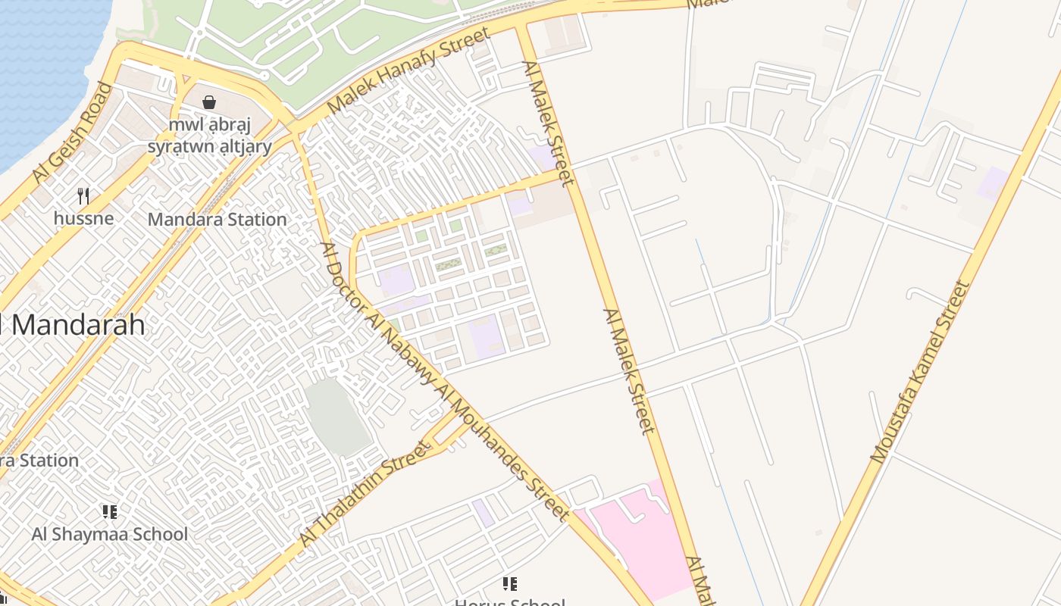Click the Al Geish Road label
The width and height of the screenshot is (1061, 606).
(72, 133)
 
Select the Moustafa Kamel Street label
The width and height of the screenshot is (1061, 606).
(920, 372)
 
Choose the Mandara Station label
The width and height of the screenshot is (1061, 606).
(218, 220)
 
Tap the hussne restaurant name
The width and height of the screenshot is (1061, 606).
(83, 218)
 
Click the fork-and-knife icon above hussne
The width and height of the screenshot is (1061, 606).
(83, 196)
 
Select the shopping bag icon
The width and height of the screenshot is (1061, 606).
(209, 102)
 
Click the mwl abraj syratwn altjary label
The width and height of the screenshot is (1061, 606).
(210, 136)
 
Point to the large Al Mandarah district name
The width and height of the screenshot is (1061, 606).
(72, 324)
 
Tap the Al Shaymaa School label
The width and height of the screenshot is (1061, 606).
(109, 534)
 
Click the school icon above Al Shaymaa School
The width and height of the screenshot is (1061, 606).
(109, 512)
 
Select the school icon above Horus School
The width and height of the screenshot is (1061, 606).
(510, 583)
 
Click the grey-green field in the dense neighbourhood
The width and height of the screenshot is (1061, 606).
(338, 417)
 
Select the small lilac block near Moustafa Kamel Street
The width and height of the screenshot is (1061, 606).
(993, 183)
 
